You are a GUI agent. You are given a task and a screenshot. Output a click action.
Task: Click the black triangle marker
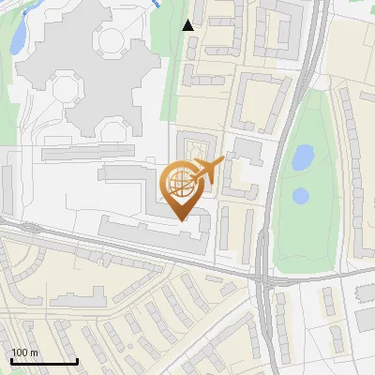click(189, 25)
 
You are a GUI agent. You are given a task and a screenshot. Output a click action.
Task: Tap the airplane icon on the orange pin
click(209, 170)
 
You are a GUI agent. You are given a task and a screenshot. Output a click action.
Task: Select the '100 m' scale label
click(24, 352)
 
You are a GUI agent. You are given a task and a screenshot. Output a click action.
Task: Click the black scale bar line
click(43, 362)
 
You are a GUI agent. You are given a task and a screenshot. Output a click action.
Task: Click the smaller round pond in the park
click(301, 196)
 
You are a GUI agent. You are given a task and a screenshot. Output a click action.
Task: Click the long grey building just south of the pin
click(150, 230)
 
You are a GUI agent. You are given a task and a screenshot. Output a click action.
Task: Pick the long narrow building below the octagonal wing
click(89, 153)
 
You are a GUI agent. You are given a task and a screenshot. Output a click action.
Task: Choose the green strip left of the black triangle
click(172, 56)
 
